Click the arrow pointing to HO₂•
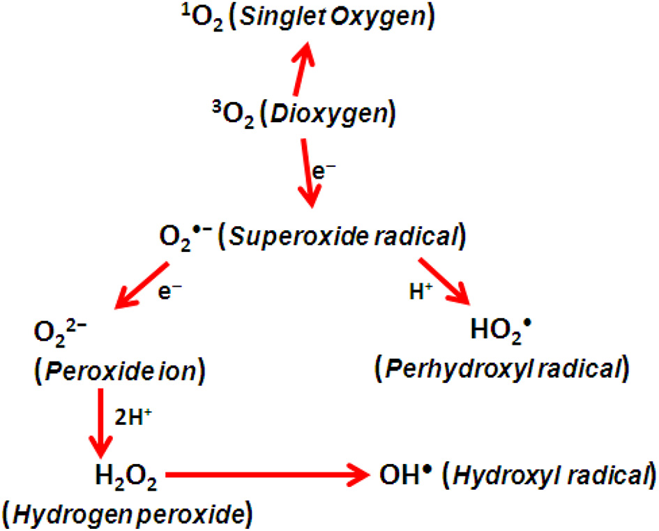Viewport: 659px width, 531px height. click(x=444, y=281)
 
